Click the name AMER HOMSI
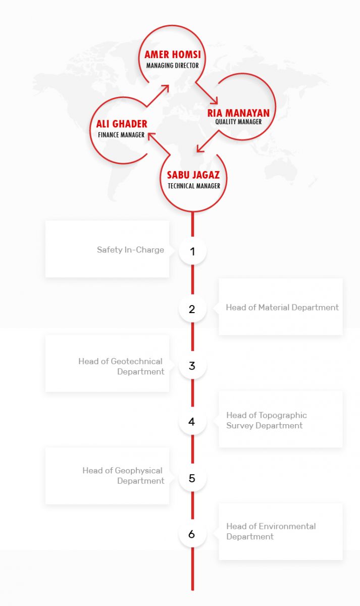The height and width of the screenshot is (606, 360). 173,55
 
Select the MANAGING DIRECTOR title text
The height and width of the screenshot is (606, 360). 173,66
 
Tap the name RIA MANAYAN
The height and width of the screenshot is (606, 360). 238,113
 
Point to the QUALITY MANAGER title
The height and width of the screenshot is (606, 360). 238,122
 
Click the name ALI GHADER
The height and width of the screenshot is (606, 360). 122,124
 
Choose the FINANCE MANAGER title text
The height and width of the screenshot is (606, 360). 121,135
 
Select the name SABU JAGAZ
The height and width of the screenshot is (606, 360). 193,175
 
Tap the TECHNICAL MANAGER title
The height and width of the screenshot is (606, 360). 194,186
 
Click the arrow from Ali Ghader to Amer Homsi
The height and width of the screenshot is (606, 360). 158,95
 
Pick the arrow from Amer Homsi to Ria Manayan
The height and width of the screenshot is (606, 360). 207,93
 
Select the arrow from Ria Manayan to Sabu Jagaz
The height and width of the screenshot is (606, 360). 208,141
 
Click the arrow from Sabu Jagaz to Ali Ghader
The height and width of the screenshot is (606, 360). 159,143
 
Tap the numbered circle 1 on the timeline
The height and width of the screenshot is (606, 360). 192,251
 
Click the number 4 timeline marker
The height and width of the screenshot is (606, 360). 192,422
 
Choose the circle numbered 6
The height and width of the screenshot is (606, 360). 192,534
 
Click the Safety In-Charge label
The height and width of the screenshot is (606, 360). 130,249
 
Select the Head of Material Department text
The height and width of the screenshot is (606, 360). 282,308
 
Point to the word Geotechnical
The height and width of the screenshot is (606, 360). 137,361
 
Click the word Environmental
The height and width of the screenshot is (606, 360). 287,526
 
